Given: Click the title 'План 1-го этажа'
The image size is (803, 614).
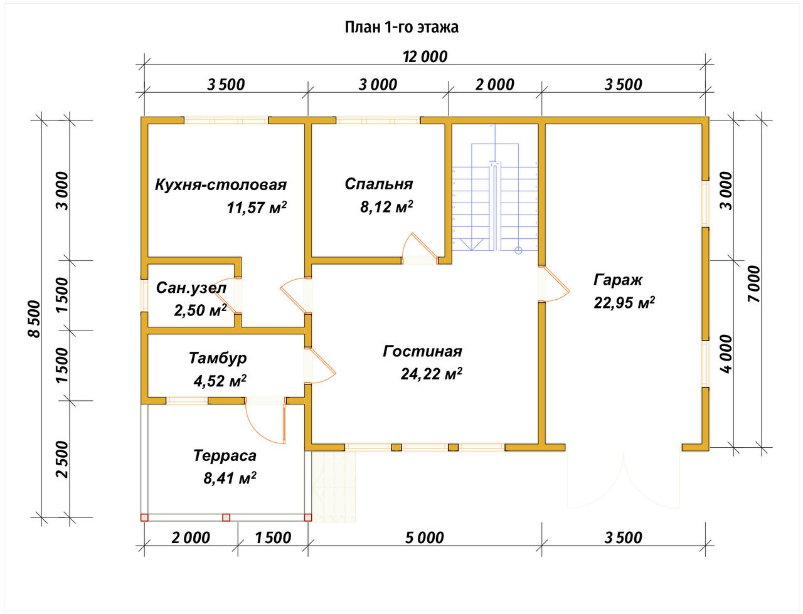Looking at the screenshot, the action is click(401, 28).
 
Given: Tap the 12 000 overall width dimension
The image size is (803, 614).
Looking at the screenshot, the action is click(425, 56).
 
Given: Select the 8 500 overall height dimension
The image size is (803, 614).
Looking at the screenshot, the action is click(34, 319).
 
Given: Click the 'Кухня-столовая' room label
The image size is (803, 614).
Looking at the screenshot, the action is click(221, 184).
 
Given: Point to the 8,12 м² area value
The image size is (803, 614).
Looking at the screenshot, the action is click(386, 206).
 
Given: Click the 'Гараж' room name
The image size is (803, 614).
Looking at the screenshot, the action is click(617, 280).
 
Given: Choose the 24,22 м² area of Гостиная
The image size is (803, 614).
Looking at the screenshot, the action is click(432, 374).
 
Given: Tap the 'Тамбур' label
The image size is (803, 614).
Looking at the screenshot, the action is click(218, 358).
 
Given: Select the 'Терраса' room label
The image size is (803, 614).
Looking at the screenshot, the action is click(225, 456).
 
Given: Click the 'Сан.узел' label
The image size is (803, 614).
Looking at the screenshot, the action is click(191, 288).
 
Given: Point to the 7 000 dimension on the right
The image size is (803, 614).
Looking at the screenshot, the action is click(753, 283).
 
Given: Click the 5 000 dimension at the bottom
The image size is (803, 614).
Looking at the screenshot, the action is click(424, 537).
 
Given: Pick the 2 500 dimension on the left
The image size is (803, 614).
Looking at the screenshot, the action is click(63, 459).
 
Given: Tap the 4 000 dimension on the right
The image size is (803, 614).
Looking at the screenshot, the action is click(726, 354).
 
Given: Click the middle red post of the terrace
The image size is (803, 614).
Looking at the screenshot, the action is click(226, 517).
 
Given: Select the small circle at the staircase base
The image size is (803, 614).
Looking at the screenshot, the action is click(518, 250).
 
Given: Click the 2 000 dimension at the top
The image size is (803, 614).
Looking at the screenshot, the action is click(494, 85).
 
